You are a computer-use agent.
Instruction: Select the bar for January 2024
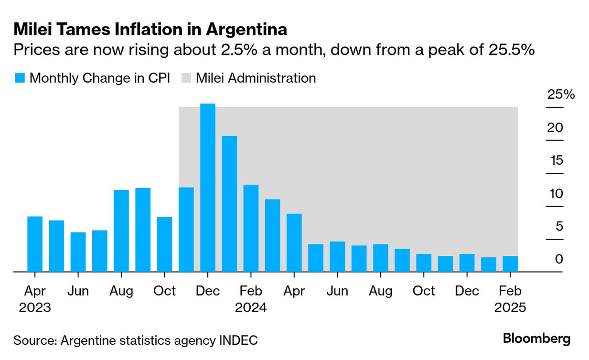(229, 204)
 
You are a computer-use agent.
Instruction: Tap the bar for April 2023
(35, 244)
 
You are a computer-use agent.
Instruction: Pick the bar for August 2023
(121, 231)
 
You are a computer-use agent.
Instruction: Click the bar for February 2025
(510, 264)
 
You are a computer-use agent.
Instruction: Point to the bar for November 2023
(186, 229)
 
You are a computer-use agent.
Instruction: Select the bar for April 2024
(294, 243)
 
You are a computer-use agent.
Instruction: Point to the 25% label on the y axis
(561, 95)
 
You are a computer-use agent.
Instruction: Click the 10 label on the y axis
(557, 194)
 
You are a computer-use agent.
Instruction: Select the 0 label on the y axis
(559, 259)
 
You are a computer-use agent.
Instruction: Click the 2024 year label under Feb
(251, 307)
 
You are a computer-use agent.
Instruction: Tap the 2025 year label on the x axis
(510, 307)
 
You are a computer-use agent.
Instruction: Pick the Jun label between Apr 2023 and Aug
(78, 291)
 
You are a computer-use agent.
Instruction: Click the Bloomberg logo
(536, 339)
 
